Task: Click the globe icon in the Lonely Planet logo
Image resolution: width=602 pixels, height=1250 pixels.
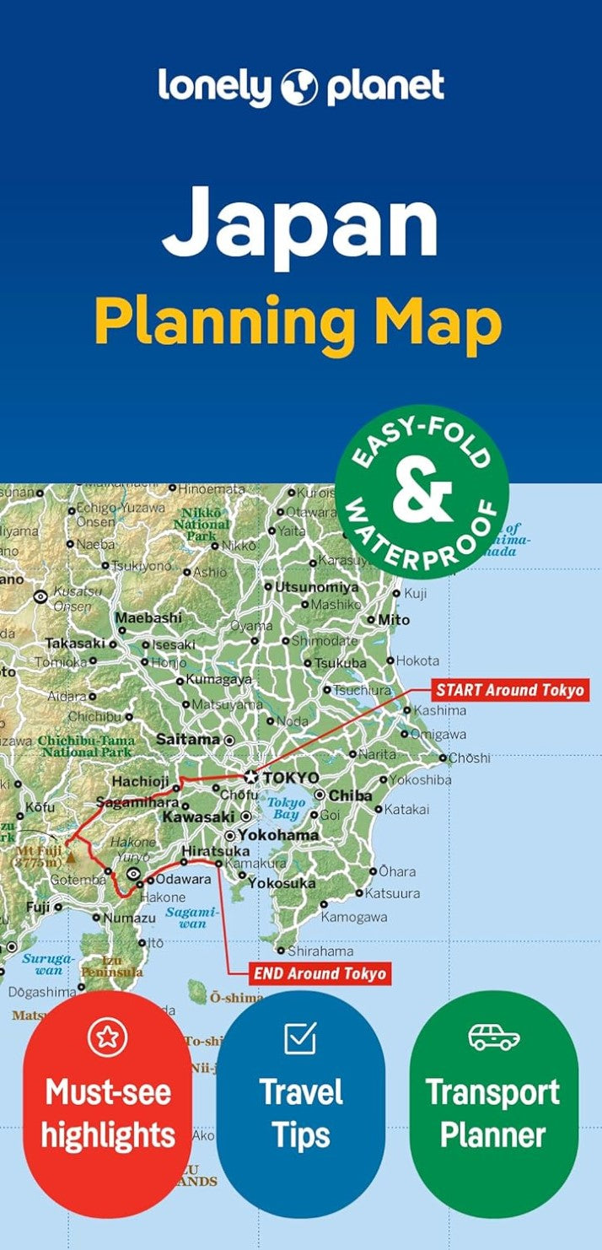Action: click(299, 87)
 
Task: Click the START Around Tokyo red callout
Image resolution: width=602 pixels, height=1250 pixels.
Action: click(509, 690)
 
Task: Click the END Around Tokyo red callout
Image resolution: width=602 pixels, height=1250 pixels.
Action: click(320, 973)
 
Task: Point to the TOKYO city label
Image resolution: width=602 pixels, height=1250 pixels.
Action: click(291, 777)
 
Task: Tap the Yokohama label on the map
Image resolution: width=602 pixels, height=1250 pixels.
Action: click(277, 835)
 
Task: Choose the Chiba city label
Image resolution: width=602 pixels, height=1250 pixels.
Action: click(350, 795)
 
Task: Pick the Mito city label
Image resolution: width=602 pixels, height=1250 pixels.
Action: click(394, 620)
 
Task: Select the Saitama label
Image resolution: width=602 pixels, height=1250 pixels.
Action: click(188, 739)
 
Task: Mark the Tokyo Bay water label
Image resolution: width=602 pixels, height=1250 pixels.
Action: click(287, 808)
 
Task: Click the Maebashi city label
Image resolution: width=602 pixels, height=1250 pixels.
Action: click(148, 617)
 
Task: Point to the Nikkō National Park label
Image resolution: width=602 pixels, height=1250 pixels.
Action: click(202, 524)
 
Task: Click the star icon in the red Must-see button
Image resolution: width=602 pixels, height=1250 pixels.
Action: click(107, 1037)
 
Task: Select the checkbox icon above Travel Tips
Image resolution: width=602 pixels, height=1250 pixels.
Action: click(300, 1037)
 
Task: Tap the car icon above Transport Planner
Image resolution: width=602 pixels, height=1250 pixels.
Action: click(494, 1037)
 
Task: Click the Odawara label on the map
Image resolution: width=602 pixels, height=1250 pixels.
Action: click(182, 879)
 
